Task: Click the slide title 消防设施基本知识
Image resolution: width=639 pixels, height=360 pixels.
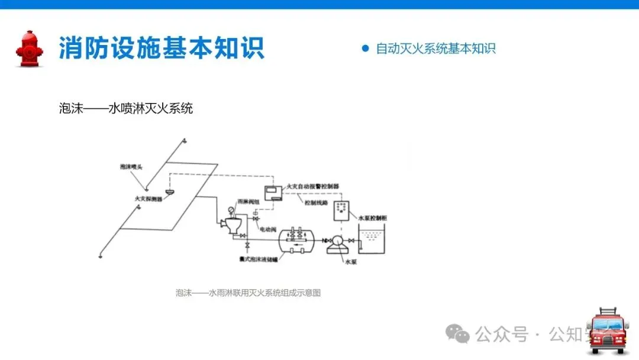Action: tap(161, 48)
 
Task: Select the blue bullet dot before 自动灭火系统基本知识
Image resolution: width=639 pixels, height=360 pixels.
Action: tap(365, 49)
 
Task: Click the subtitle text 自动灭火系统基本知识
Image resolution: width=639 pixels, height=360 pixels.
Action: tap(435, 49)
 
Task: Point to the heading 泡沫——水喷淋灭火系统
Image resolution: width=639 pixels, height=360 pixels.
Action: tap(126, 108)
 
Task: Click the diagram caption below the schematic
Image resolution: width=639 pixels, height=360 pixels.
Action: tap(248, 292)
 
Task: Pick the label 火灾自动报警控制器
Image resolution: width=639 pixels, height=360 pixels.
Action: tap(312, 186)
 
